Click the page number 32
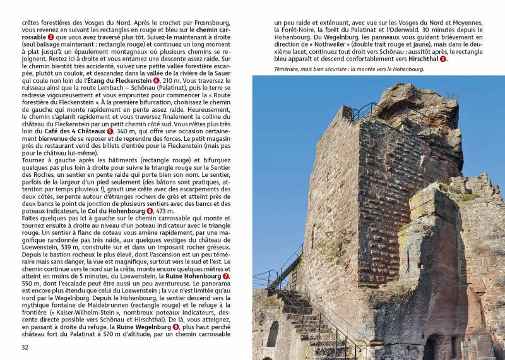click(x=25, y=347)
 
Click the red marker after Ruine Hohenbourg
click(x=226, y=276)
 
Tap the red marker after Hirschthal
click(x=443, y=59)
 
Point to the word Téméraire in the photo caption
click(x=288, y=69)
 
